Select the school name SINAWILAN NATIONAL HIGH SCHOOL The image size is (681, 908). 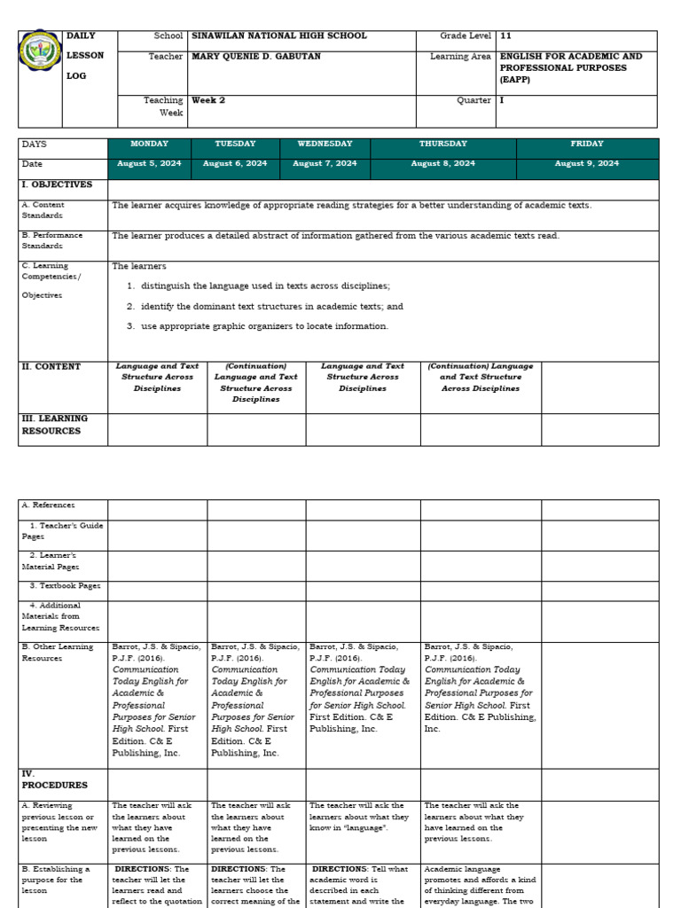[x=279, y=36]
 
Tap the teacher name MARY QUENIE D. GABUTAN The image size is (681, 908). [x=256, y=57]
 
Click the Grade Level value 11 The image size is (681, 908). [x=505, y=36]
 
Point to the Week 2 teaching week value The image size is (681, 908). [x=208, y=101]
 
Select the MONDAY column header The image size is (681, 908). [x=148, y=144]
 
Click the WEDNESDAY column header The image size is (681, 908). [x=325, y=144]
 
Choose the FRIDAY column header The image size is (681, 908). [x=587, y=144]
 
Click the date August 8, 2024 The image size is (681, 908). [x=442, y=164]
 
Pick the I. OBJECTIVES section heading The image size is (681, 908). [x=57, y=185]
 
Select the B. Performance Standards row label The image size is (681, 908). [x=52, y=240]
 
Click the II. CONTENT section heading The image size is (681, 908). [x=51, y=367]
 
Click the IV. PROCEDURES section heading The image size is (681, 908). [x=54, y=779]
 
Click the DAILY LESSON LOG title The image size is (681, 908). [x=85, y=56]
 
